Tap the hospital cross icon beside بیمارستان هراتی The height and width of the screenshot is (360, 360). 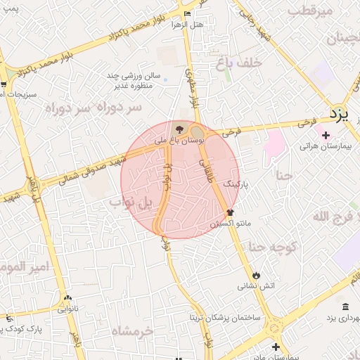point(325,135)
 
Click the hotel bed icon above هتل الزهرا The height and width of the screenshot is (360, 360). point(186,13)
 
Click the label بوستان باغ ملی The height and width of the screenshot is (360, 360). point(180,141)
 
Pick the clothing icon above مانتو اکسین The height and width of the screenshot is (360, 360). point(230,212)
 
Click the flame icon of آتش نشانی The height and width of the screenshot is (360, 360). point(256,274)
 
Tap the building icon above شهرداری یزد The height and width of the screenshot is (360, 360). point(345,307)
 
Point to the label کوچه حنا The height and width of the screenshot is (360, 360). point(275,246)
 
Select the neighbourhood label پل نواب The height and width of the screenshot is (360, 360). point(131,203)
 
